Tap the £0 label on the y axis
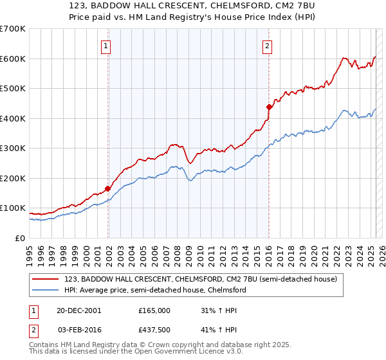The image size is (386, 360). click(x=19, y=238)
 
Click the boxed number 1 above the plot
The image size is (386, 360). click(x=106, y=46)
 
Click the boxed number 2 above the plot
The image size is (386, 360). click(x=266, y=46)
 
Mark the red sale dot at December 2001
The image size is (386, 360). click(x=108, y=188)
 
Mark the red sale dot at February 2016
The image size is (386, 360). click(x=270, y=107)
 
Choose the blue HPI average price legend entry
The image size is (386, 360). click(x=154, y=290)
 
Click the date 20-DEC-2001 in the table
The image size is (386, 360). click(x=78, y=310)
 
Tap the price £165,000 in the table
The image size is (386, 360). click(x=154, y=310)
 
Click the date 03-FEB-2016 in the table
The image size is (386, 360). click(x=78, y=329)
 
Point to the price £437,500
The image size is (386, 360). click(x=154, y=329)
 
